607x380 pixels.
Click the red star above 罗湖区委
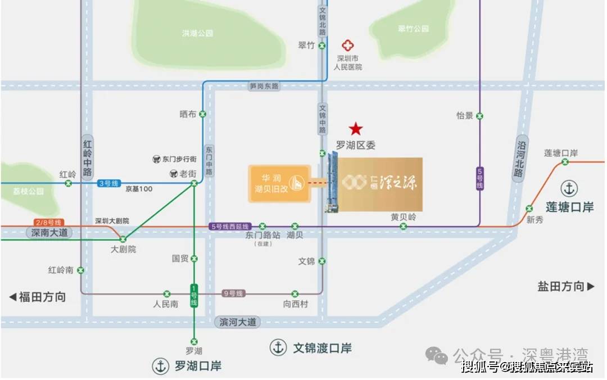356,129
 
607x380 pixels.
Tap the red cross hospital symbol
349,46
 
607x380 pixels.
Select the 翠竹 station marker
322,46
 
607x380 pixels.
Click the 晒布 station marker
202,114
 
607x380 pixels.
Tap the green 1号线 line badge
194,296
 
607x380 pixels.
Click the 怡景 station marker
479,116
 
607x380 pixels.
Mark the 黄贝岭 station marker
403,226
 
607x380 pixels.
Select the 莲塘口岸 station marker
565,162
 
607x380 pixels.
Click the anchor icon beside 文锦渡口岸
278,347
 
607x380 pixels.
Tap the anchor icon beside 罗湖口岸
161,366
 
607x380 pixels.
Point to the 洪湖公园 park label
197,33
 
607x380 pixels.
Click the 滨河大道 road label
237,322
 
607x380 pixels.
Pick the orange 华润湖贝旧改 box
278,183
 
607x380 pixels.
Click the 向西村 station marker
295,293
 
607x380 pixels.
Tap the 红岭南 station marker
81,270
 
